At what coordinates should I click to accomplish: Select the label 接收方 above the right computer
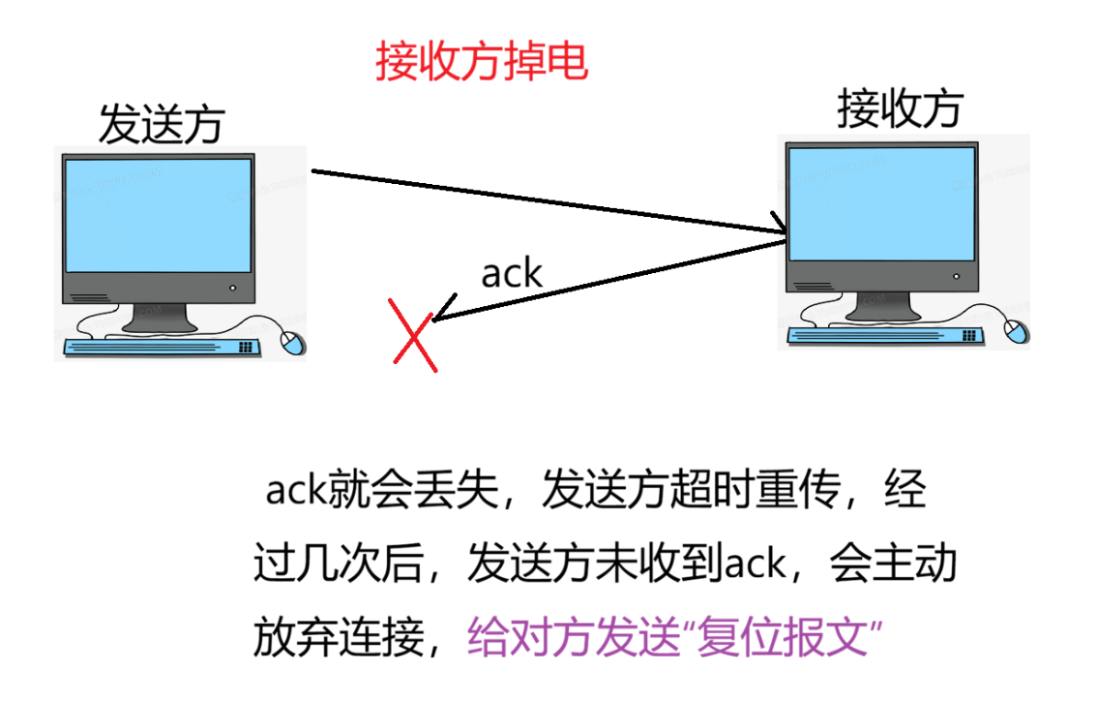(x=900, y=108)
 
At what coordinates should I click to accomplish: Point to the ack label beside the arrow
(x=512, y=274)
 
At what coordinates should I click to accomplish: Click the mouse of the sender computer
(x=292, y=341)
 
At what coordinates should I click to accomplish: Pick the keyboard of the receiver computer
(x=885, y=335)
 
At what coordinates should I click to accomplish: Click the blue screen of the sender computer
(x=158, y=215)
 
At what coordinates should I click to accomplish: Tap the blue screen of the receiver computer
(x=879, y=202)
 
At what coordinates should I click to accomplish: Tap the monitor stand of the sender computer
(x=160, y=314)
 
